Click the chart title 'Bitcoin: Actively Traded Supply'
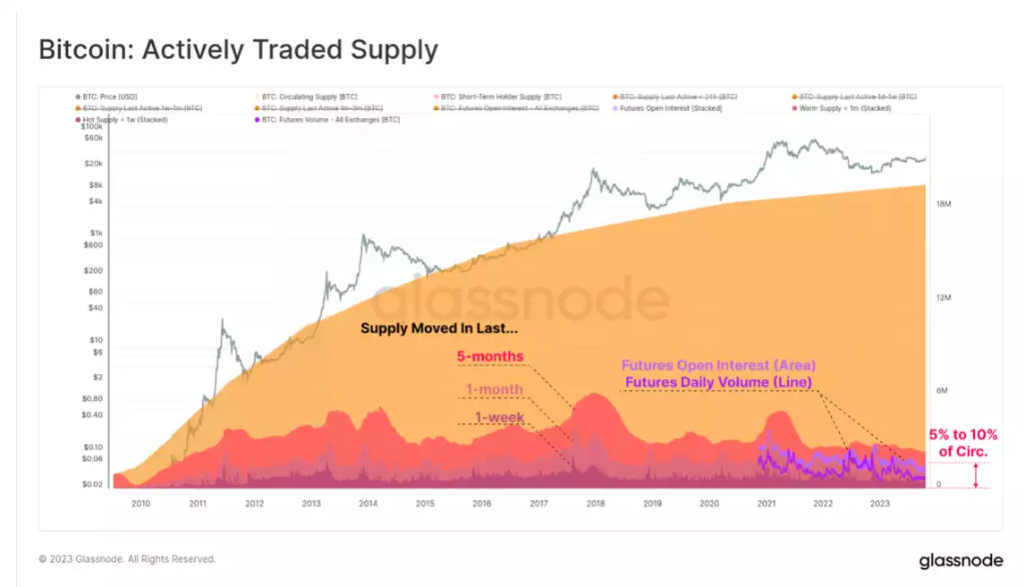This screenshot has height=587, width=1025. (238, 50)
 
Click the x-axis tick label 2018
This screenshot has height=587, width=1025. (595, 504)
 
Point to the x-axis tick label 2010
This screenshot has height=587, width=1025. (140, 504)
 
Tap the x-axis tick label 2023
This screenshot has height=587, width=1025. (879, 504)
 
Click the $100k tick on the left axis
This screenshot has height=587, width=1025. (92, 128)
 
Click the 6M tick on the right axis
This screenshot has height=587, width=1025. (942, 390)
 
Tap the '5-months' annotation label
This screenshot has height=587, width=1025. (489, 357)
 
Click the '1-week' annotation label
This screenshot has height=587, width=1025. (499, 418)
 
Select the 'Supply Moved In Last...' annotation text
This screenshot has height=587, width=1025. (439, 328)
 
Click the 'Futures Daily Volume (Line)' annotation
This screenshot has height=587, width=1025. (717, 382)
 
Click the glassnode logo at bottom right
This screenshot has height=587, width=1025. (961, 561)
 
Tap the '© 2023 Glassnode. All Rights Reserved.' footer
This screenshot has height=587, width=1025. (127, 559)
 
